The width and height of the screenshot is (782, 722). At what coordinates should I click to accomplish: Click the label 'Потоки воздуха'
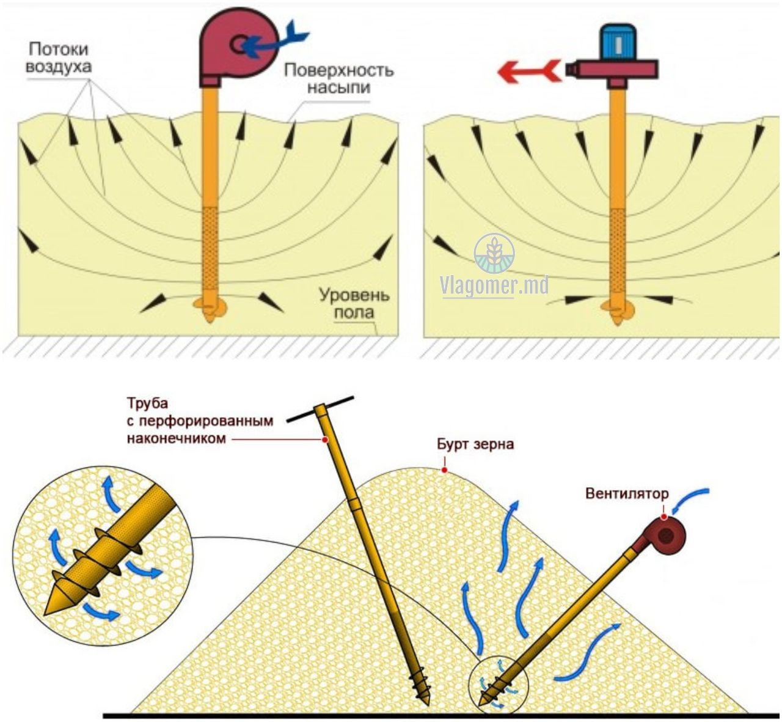59,58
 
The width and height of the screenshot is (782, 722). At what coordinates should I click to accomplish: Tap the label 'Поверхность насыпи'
338,78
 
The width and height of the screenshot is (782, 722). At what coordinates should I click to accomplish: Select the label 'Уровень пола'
354,303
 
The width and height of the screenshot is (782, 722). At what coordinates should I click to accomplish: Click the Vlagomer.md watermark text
495,285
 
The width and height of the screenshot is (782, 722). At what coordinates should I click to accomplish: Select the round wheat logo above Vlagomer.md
495,253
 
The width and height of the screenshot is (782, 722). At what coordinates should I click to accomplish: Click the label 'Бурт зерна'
475,444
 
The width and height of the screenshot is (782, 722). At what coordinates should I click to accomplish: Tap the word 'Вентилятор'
627,493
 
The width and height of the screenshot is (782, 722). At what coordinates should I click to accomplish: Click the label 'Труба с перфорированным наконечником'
200,421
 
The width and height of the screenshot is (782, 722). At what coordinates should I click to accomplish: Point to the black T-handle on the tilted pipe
320,409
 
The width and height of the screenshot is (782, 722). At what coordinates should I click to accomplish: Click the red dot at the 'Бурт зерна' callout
444,470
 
